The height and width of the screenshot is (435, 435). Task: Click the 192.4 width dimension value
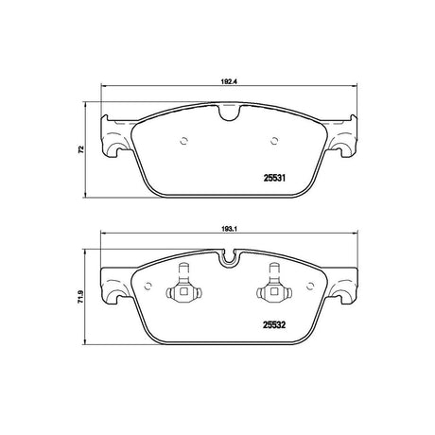tap(229, 80)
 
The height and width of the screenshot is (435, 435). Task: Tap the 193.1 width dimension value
tap(229, 229)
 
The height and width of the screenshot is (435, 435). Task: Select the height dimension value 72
tap(81, 149)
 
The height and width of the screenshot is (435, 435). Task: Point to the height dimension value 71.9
tap(81, 297)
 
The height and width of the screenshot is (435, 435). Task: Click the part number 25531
tap(274, 178)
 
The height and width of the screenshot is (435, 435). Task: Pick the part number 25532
tap(274, 325)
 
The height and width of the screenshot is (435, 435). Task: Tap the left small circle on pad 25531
tap(183, 141)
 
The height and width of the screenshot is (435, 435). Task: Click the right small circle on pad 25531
tap(274, 141)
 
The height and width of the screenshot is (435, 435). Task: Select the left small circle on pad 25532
tap(148, 286)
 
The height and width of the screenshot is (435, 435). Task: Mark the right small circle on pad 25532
tap(310, 286)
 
